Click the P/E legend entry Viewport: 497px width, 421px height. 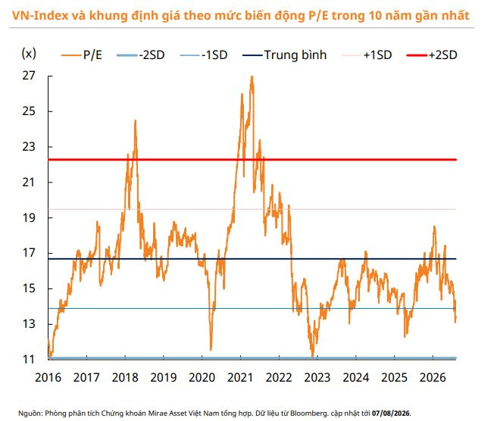(82, 55)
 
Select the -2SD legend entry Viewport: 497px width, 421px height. (141, 55)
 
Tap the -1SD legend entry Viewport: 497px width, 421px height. (204, 55)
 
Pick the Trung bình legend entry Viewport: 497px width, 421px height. (284, 55)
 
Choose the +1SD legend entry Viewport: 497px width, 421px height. (367, 55)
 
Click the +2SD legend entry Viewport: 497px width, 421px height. (432, 55)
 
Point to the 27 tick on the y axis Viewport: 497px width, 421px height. (29, 76)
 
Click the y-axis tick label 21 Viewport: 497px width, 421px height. (29, 182)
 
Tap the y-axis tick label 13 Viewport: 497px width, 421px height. (29, 324)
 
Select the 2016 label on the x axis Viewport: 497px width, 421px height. (48, 378)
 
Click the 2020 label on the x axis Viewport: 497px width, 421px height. (202, 378)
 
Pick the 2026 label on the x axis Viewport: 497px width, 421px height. (433, 378)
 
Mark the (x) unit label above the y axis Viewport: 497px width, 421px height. (29, 54)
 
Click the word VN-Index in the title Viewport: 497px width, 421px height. (40, 15)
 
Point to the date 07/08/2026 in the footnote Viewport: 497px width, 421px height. (390, 413)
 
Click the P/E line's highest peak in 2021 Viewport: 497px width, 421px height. (252, 76)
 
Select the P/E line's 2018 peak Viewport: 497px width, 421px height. (136, 120)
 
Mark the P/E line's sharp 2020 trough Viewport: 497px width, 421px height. (211, 350)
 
